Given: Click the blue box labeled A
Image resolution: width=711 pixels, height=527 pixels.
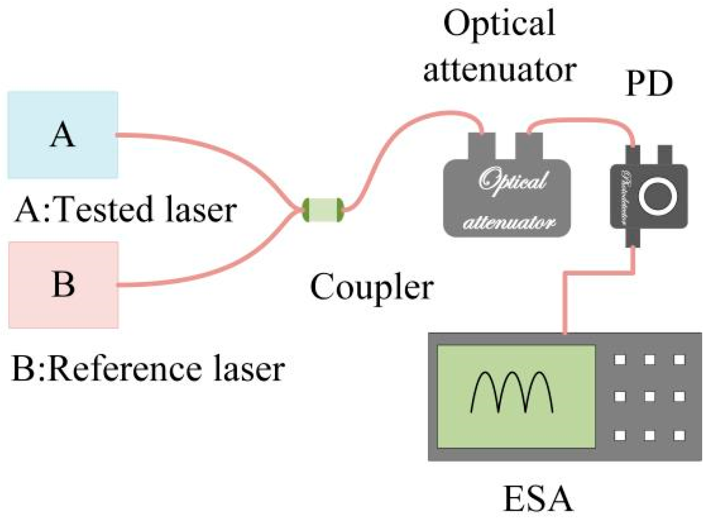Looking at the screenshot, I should [63, 135].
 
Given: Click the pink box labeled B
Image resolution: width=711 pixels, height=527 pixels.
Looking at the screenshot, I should [64, 285].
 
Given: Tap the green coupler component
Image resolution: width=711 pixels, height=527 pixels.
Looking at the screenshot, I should [323, 210].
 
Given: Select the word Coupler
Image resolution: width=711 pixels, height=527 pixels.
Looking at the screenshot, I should [372, 288].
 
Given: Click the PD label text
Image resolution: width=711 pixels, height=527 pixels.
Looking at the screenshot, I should [649, 84].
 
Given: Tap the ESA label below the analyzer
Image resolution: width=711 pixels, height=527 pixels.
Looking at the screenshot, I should [538, 499].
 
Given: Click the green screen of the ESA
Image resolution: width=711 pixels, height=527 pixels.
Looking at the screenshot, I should [516, 397].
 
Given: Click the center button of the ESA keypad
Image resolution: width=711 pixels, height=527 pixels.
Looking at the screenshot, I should [649, 397].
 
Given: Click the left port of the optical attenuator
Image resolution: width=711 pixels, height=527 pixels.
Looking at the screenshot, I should [483, 146].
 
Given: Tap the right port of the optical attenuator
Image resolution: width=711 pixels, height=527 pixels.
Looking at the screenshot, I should [529, 146].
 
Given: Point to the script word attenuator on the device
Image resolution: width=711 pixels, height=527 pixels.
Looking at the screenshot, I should [508, 223].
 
